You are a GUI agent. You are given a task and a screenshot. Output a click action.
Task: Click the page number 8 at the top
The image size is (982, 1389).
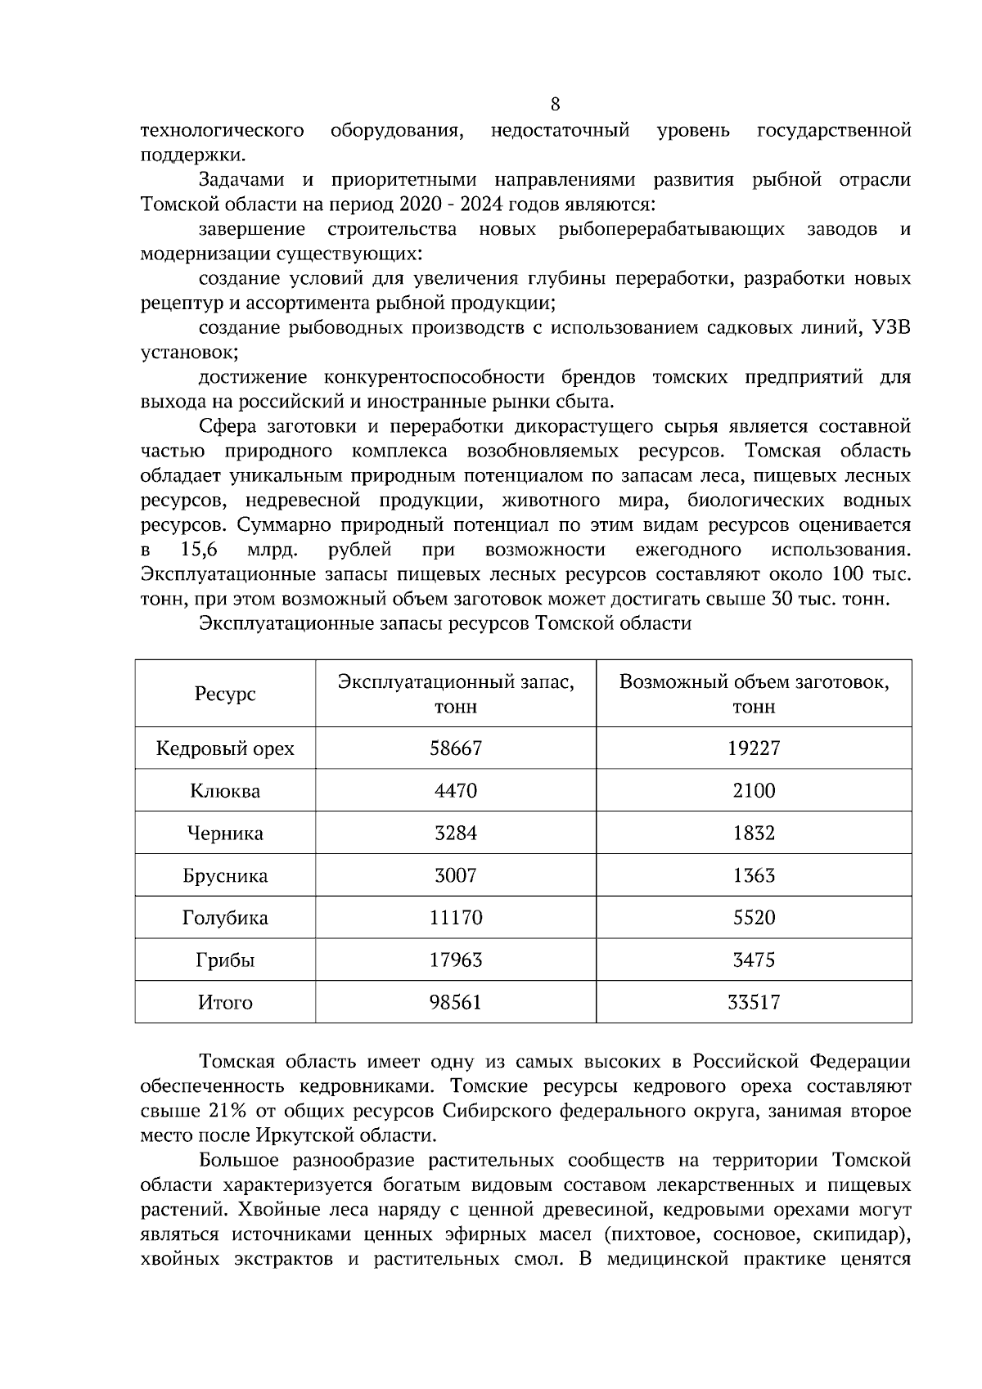[x=556, y=104]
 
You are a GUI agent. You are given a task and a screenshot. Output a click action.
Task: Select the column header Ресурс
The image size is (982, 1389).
[x=225, y=694]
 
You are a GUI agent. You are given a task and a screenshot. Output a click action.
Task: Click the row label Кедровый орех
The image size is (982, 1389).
[x=225, y=748]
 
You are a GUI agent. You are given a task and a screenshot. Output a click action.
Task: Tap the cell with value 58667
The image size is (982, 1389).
[x=456, y=748]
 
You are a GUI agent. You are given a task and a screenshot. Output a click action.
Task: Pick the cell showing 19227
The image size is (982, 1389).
[x=754, y=748]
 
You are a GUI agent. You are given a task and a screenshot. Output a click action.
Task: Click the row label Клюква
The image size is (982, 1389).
[x=225, y=791]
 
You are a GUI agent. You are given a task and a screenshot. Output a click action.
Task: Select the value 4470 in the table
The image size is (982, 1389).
[x=456, y=791]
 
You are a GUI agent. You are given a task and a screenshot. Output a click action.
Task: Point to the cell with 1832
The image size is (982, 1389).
[x=754, y=834]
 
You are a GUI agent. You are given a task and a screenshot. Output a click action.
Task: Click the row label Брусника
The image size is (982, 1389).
[x=225, y=876]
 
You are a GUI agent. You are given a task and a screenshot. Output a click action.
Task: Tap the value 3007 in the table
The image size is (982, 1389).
[x=456, y=876]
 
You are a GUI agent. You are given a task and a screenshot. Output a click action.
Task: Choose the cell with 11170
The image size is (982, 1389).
[x=456, y=918]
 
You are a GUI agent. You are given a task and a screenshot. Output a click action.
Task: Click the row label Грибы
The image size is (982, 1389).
[x=225, y=960]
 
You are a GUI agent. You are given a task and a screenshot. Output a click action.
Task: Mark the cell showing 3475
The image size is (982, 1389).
[x=754, y=960]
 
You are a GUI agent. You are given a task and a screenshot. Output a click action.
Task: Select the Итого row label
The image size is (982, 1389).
[x=225, y=1003]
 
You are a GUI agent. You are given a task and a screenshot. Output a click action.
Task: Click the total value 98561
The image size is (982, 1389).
[x=456, y=1003]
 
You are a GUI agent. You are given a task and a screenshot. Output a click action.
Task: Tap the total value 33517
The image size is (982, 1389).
[x=754, y=1003]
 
